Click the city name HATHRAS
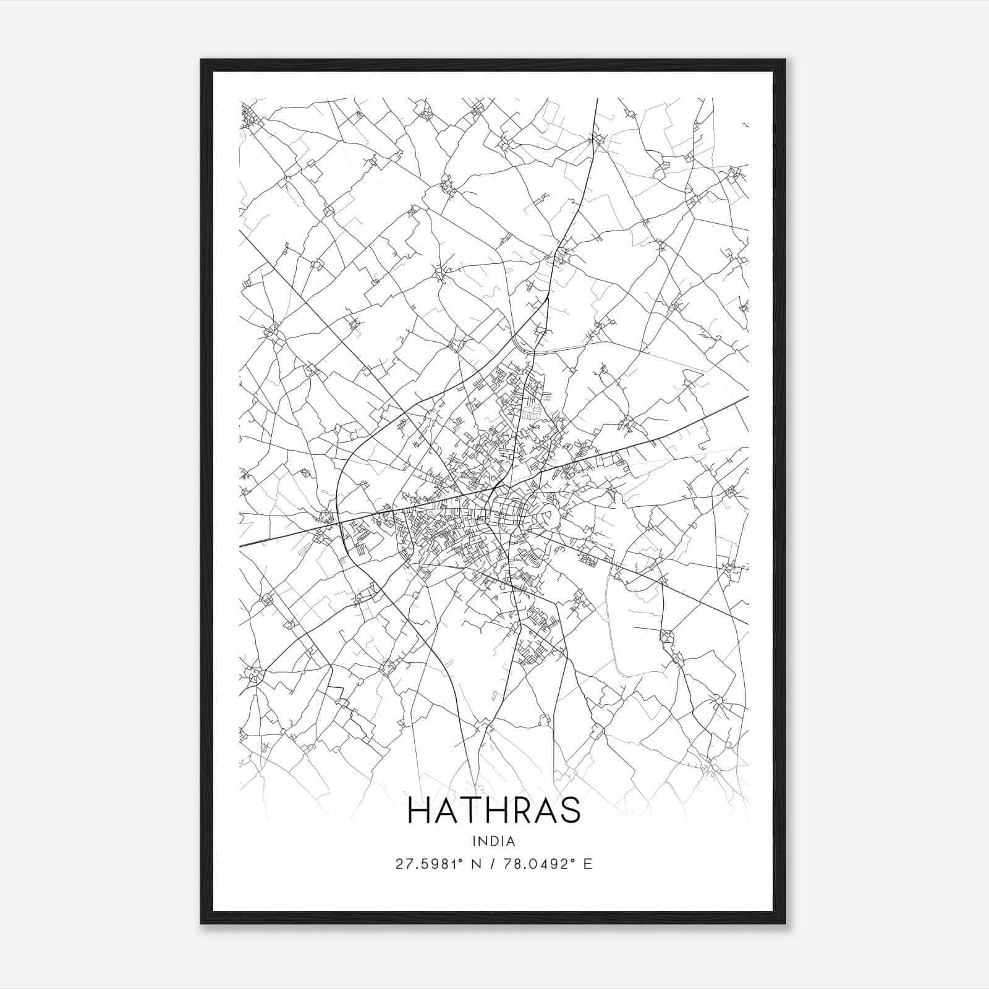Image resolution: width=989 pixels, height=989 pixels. [494, 810]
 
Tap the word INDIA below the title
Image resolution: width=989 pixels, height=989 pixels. [494, 841]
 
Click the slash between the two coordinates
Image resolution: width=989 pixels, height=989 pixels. [492, 864]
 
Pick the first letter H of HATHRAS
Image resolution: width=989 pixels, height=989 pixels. [418, 810]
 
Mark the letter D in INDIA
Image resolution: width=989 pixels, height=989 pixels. [494, 841]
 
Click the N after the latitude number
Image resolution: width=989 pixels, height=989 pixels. [476, 864]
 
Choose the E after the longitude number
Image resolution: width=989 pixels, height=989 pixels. [587, 864]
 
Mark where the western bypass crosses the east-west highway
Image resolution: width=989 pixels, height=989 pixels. [339, 521]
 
